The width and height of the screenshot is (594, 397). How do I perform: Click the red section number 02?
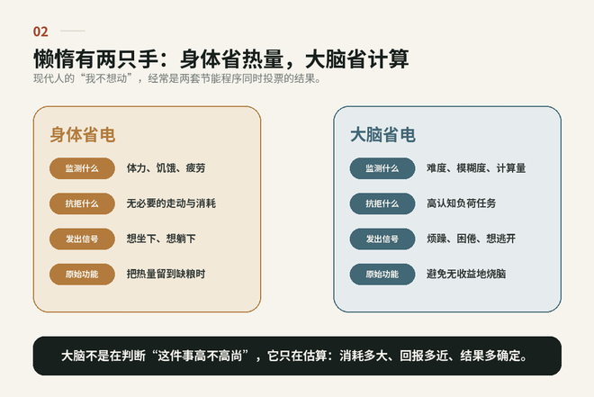pos(40,32)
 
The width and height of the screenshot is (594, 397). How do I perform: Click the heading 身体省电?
pos(83,135)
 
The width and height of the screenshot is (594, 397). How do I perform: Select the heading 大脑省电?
pos(382,135)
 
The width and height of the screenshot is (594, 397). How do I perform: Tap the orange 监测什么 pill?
pos(82,168)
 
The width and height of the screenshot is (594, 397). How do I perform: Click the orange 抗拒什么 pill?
pos(82,203)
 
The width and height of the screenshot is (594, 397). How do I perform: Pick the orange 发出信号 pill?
pos(82,239)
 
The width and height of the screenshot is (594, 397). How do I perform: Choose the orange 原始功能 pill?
pos(82,275)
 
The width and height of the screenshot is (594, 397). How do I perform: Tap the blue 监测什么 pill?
pos(382,168)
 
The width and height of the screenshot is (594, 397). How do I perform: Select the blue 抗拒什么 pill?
pos(382,203)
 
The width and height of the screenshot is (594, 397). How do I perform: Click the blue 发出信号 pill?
pos(382,239)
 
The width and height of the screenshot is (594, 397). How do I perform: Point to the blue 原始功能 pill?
pos(382,275)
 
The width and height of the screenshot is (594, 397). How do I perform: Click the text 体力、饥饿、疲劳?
pos(166,167)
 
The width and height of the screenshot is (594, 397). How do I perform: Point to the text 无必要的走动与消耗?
pos(171,203)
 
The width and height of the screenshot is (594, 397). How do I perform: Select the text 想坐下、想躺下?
pos(161,239)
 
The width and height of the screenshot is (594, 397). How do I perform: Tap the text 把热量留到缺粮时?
pos(166,274)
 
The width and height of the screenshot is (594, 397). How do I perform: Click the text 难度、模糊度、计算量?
pos(476,167)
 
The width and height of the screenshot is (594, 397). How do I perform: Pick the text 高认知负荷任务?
pos(462,203)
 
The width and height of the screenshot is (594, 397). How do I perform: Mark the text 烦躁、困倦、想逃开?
pos(472,239)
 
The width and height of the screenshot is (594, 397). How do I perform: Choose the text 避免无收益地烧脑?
pos(466,274)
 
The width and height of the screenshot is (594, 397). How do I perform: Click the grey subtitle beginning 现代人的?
pos(177,79)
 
